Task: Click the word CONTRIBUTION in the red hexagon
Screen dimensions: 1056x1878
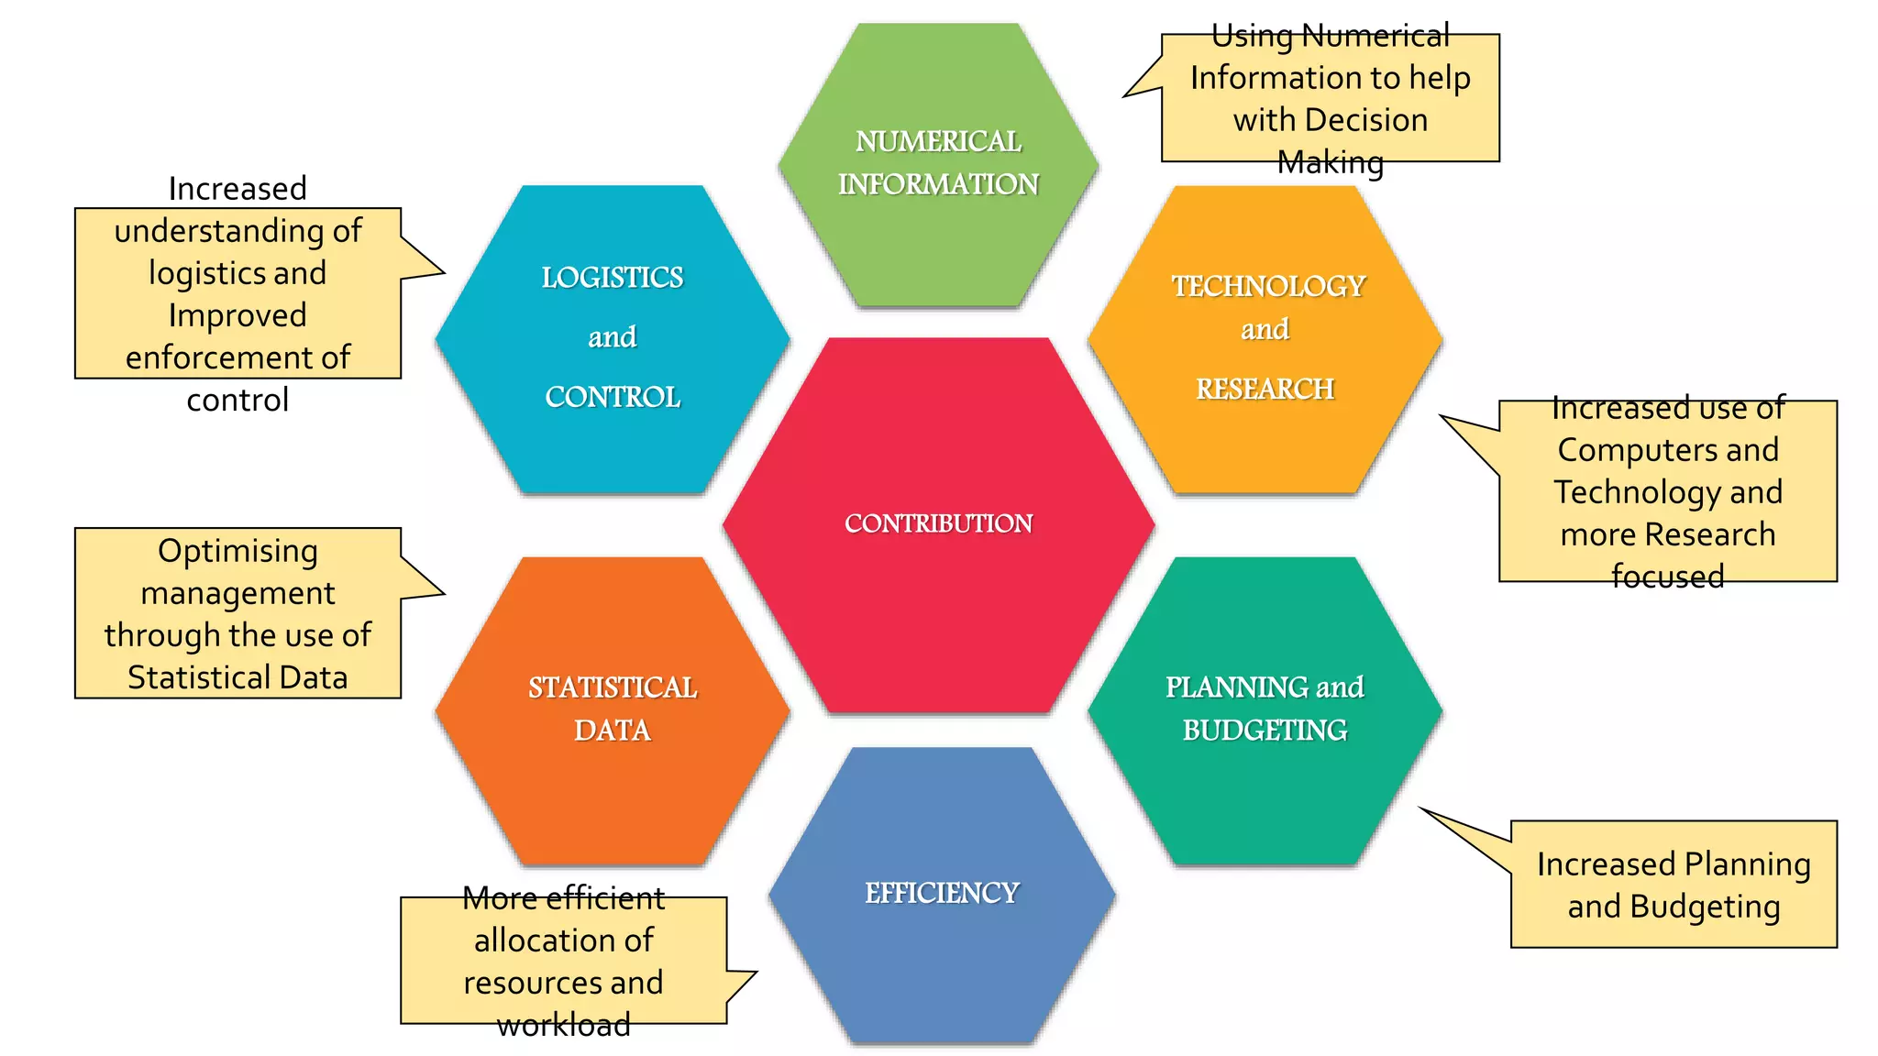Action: click(x=938, y=523)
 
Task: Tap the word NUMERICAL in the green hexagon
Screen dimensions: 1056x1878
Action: click(x=938, y=141)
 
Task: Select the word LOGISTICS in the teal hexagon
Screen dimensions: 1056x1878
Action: click(x=613, y=277)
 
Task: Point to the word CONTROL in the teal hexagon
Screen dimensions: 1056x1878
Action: click(x=613, y=397)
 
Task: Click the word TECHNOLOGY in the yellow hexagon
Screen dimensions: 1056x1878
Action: click(x=1268, y=286)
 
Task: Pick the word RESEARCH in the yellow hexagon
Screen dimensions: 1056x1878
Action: click(x=1265, y=389)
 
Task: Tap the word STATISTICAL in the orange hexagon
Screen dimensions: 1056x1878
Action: click(x=613, y=687)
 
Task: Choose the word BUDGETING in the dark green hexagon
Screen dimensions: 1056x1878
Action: click(x=1265, y=730)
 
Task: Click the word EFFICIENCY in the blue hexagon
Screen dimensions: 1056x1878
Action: click(x=942, y=893)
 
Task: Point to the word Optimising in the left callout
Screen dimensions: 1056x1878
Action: click(x=238, y=551)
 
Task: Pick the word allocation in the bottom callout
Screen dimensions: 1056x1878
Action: click(x=564, y=940)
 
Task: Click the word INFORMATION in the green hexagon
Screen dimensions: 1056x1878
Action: click(x=938, y=184)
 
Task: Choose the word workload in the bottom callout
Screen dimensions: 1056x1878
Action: click(x=564, y=1024)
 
